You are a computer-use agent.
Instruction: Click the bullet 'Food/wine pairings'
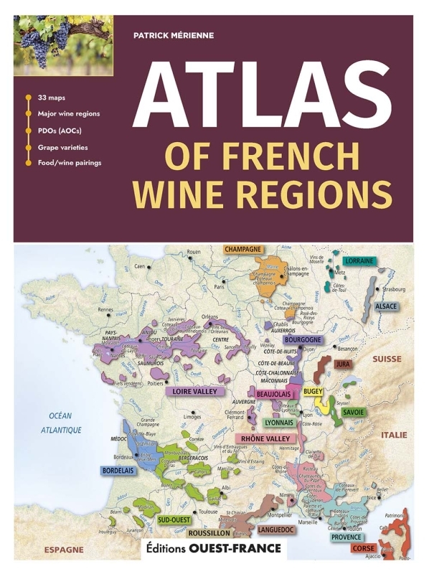point(70,163)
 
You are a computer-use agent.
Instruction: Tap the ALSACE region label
point(386,306)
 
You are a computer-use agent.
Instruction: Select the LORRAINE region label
point(359,260)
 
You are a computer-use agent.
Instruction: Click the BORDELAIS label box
point(118,471)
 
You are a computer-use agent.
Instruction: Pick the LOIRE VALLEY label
point(195,392)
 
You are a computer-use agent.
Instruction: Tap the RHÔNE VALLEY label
point(263,438)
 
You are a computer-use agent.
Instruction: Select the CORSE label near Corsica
point(364,548)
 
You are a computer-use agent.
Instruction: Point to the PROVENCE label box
point(346,536)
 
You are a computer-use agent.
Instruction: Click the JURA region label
point(344,364)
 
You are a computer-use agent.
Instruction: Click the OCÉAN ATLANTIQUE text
point(62,423)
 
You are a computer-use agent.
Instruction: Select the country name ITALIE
point(394,435)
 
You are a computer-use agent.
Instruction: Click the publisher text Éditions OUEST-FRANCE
point(213,548)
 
